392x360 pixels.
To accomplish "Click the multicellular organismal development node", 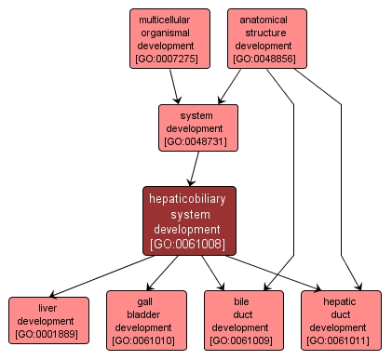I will (169, 38).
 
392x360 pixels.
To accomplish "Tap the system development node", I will (197, 128).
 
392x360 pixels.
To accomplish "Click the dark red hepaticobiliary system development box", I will (190, 220).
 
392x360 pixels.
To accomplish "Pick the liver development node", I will (48, 321).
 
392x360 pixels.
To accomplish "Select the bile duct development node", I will (244, 320).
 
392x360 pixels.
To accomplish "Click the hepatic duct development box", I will (341, 320).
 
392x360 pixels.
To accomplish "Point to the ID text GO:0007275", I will (169, 58).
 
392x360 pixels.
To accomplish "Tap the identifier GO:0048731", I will (197, 142).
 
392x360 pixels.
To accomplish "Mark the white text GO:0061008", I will (190, 244).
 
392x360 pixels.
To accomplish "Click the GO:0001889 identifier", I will (48, 334).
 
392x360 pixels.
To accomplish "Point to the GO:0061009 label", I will (244, 340).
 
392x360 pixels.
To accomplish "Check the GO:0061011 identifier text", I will (341, 340).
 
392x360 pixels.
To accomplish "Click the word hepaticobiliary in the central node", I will (190, 198).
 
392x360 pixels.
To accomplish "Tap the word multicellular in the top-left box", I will (169, 19).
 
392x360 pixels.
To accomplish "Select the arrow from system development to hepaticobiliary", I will (193, 168).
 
